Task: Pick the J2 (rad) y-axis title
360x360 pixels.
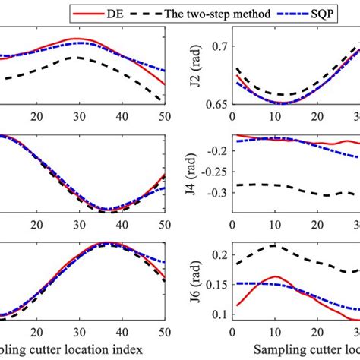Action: pyautogui.click(x=200, y=66)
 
